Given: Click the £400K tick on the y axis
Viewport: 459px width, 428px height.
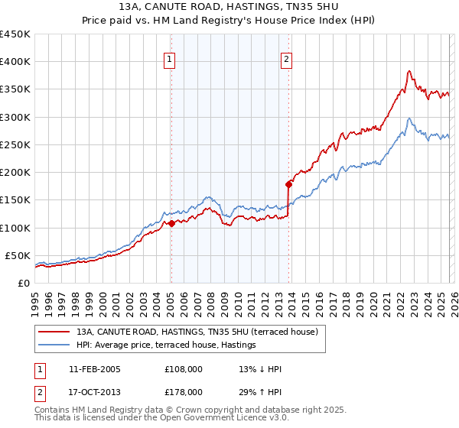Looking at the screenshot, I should tap(15, 62).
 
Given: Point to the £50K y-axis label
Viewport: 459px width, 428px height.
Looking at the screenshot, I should tap(18, 255).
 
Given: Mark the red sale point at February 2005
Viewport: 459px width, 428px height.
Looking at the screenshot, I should tap(171, 223).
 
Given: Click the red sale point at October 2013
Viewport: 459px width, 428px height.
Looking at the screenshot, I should tap(288, 184).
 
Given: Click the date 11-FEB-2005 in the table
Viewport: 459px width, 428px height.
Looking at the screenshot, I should tap(94, 369).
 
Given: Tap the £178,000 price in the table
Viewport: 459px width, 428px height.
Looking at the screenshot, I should tap(184, 391).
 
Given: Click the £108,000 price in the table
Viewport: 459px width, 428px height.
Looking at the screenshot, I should tap(184, 369).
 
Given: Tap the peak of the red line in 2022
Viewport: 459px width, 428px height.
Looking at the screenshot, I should tap(409, 71).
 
